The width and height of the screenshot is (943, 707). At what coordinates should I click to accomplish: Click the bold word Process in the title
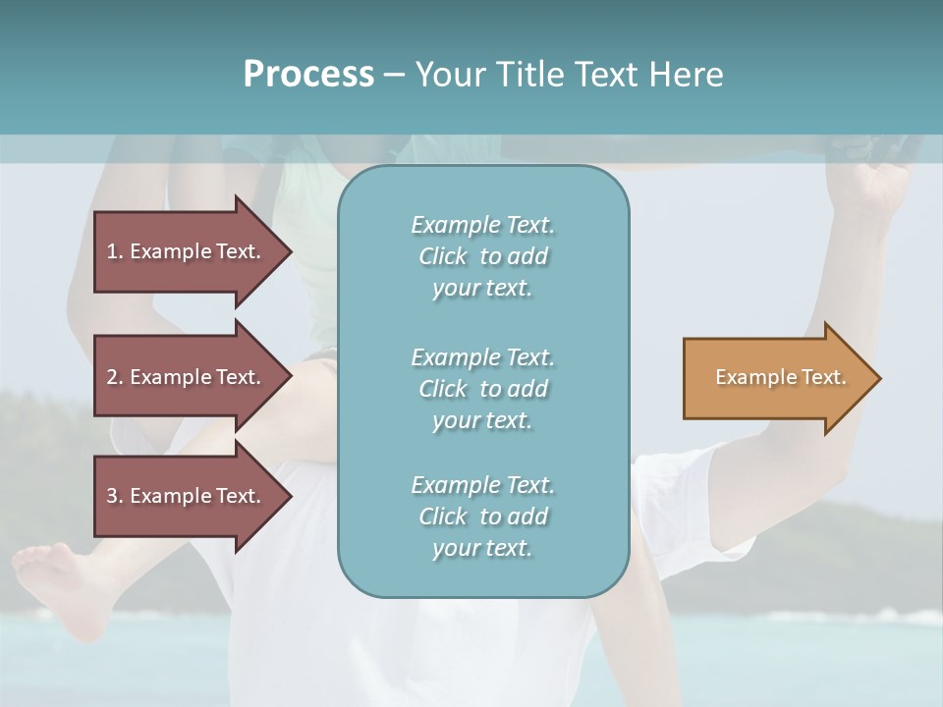(308, 75)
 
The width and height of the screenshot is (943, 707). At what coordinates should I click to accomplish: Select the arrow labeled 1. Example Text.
(187, 251)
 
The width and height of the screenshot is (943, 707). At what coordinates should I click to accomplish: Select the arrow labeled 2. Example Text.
(187, 377)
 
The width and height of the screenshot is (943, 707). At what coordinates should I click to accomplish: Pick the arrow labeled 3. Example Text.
(187, 496)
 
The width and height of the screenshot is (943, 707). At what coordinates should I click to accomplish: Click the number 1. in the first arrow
(115, 251)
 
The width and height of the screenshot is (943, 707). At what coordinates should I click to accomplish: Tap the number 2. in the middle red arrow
(115, 377)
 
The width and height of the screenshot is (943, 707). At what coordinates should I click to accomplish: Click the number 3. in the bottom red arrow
(115, 496)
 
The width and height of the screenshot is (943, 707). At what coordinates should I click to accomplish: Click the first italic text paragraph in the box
(482, 256)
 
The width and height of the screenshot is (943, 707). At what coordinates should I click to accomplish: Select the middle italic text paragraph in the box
(482, 389)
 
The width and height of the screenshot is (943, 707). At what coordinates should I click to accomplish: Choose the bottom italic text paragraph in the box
(482, 517)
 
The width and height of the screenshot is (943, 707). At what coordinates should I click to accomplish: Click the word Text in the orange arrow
(823, 377)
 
